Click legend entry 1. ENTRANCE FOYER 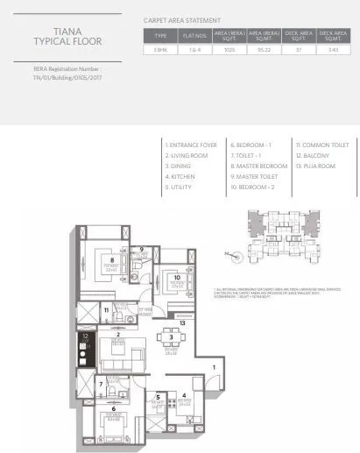[191, 144]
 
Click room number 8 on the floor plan [111, 260]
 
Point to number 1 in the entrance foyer [213, 367]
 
